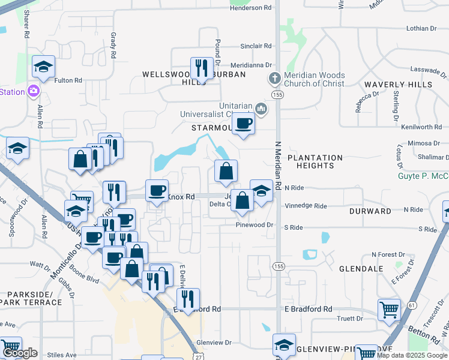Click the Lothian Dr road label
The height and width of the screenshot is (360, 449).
[421, 28]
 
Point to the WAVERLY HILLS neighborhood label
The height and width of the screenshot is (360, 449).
[398, 85]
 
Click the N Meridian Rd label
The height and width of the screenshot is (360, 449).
[278, 166]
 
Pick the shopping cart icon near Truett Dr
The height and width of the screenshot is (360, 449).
[389, 310]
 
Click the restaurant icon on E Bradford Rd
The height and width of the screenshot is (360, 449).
[188, 298]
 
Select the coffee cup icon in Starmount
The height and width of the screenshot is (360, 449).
[243, 123]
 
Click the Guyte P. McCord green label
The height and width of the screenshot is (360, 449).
[423, 176]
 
